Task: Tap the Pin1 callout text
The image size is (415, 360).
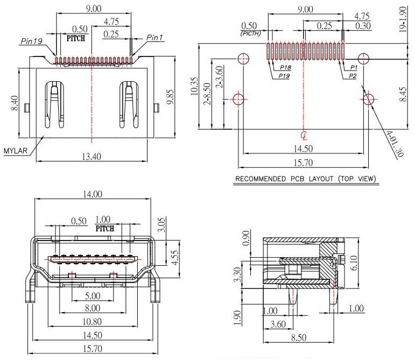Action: [155, 38]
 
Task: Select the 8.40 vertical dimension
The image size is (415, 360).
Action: [13, 103]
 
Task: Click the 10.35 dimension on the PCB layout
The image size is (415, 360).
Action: [195, 86]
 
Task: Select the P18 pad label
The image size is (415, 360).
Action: [286, 68]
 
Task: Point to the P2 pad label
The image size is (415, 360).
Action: [353, 76]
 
